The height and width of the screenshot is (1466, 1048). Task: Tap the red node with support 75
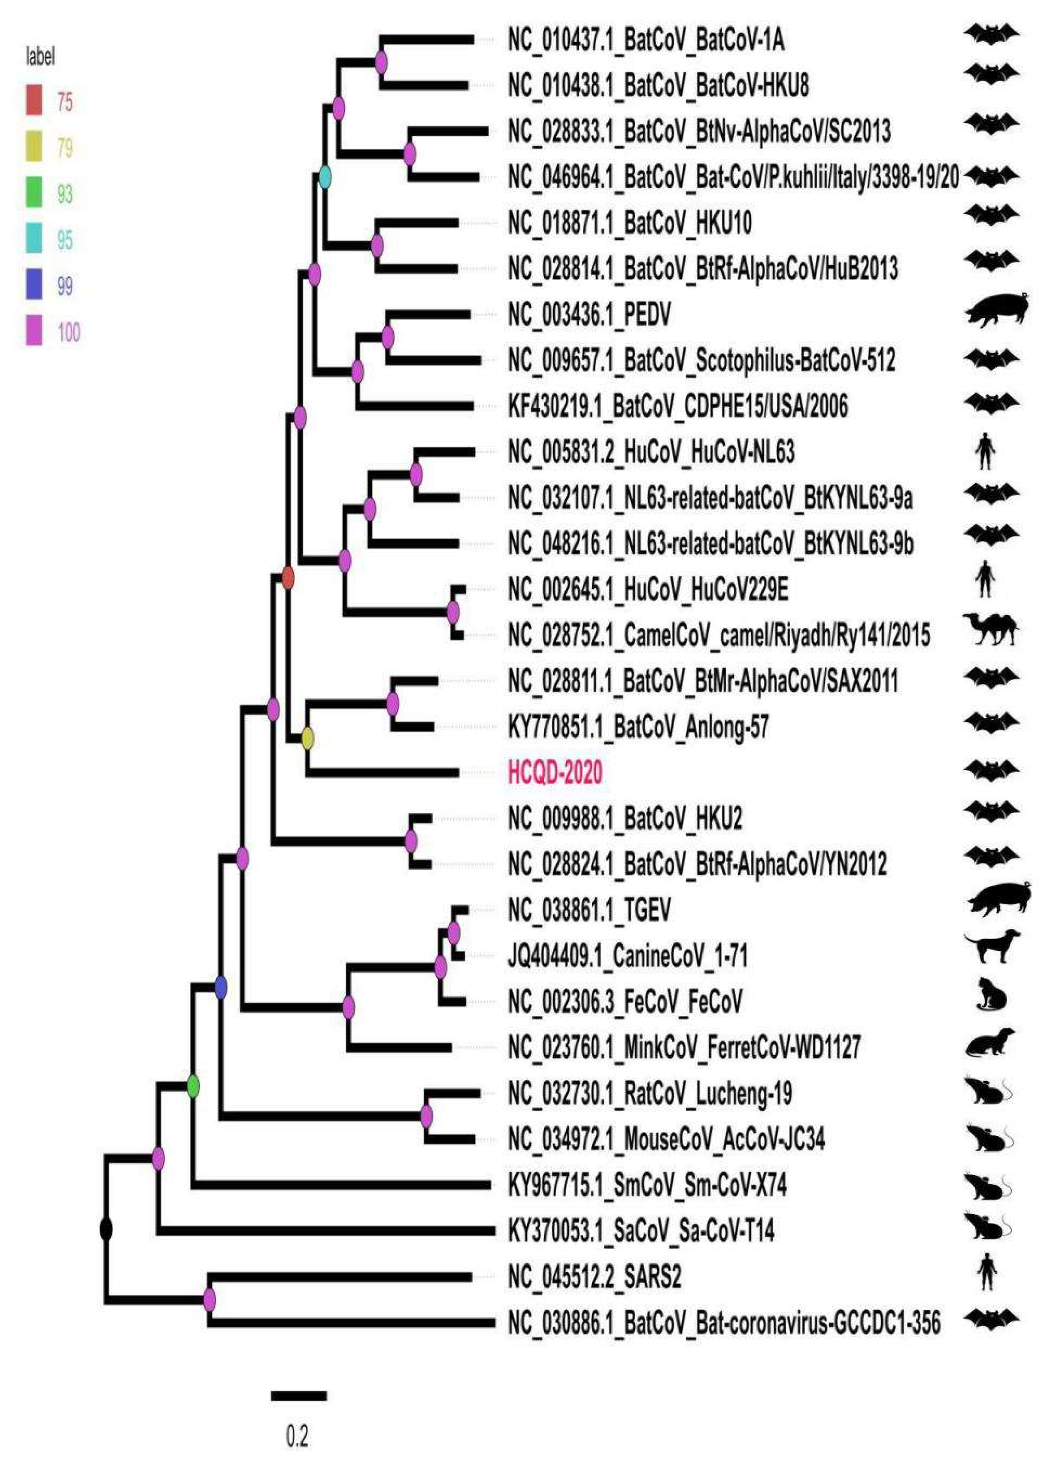click(288, 578)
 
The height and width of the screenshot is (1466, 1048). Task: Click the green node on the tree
click(192, 1087)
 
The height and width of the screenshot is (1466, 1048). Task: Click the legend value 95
click(64, 240)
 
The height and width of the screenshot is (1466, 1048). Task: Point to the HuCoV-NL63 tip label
click(650, 453)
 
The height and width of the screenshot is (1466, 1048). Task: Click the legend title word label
click(40, 58)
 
